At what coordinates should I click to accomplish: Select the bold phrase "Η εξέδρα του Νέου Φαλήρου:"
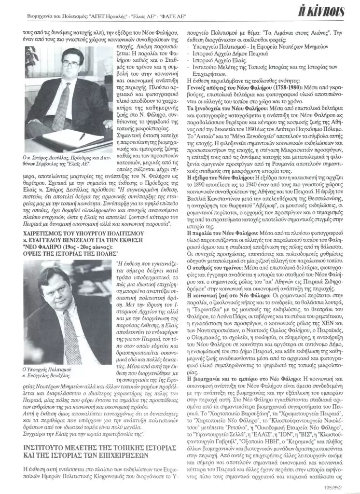click(x=215, y=177)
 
